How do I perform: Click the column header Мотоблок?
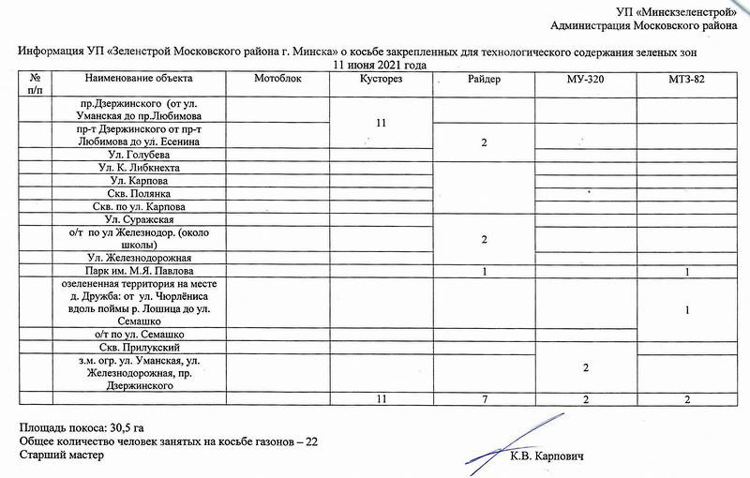(x=278, y=79)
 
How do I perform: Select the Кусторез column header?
(x=381, y=80)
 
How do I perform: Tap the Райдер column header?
(x=484, y=80)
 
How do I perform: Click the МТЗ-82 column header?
(x=687, y=80)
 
